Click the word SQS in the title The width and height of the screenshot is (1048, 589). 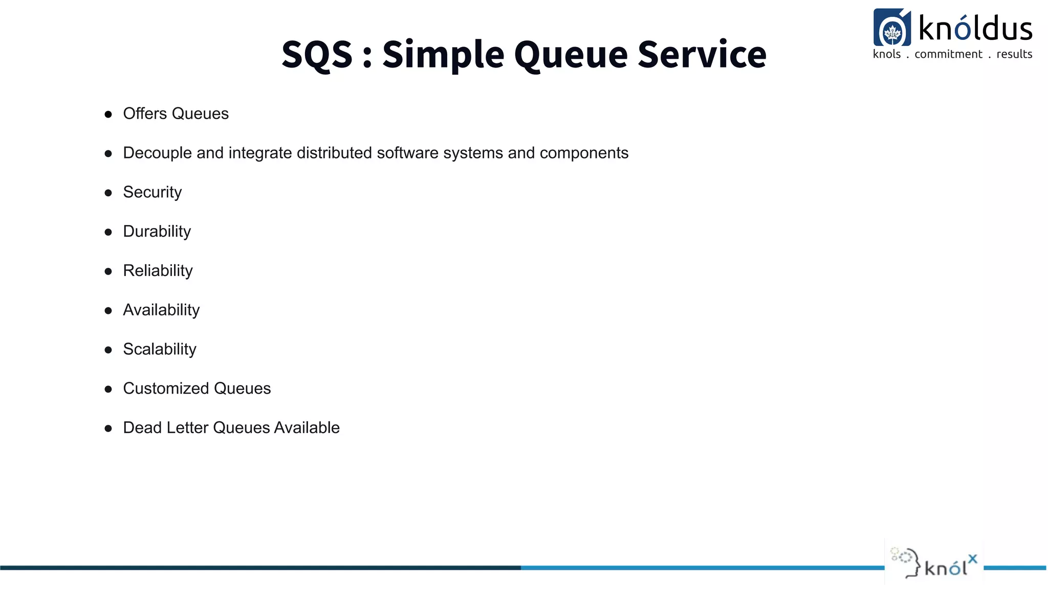coord(317,54)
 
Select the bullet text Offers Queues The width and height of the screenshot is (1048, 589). coord(176,114)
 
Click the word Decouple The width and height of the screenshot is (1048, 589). coord(157,153)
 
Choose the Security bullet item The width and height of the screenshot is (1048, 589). coord(152,192)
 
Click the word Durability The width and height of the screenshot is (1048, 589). coord(157,232)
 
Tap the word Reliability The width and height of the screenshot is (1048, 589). coord(158,271)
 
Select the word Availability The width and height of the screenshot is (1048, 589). coord(161,310)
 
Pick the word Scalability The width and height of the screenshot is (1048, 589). coord(159,349)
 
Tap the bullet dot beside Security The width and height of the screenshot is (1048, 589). coord(108,193)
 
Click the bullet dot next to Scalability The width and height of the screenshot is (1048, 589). coord(108,350)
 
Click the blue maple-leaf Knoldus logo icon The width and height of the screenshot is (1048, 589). coord(892,28)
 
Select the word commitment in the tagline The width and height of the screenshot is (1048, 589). coord(948,54)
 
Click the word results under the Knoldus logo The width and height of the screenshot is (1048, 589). coord(1014,54)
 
